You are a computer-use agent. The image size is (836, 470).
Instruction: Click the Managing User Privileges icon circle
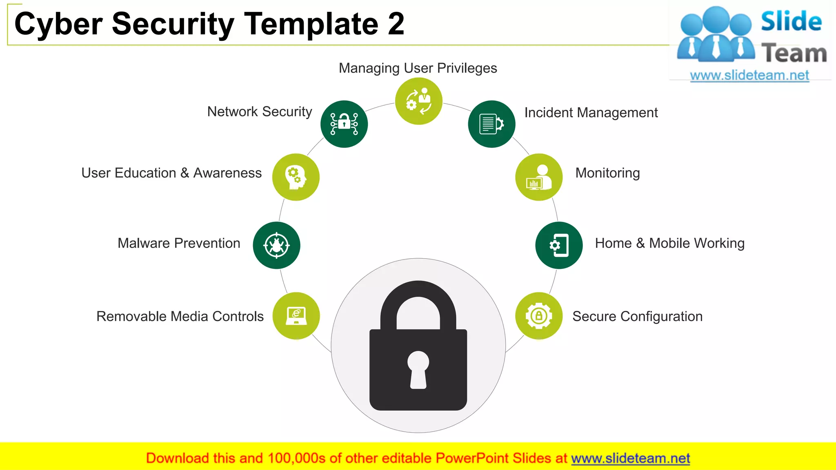(418, 101)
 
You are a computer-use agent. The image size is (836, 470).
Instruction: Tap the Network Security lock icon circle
(344, 124)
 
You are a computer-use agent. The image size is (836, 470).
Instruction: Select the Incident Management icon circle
(491, 124)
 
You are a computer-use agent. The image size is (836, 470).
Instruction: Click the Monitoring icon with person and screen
(539, 177)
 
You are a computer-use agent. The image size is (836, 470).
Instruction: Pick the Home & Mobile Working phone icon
(559, 245)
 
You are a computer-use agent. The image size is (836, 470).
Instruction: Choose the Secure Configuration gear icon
(539, 316)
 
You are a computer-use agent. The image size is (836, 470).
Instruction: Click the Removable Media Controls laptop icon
(296, 316)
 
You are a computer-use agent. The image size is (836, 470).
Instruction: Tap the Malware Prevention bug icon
(276, 245)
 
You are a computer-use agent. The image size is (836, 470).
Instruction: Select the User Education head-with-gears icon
(296, 177)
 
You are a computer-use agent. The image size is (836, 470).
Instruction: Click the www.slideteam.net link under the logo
(749, 75)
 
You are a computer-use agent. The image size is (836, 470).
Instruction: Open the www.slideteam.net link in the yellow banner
(630, 458)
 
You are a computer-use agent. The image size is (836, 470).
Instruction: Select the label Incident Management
(591, 113)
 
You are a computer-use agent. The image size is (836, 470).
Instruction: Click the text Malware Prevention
(179, 243)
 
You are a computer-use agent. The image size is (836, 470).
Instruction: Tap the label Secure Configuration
(637, 317)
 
